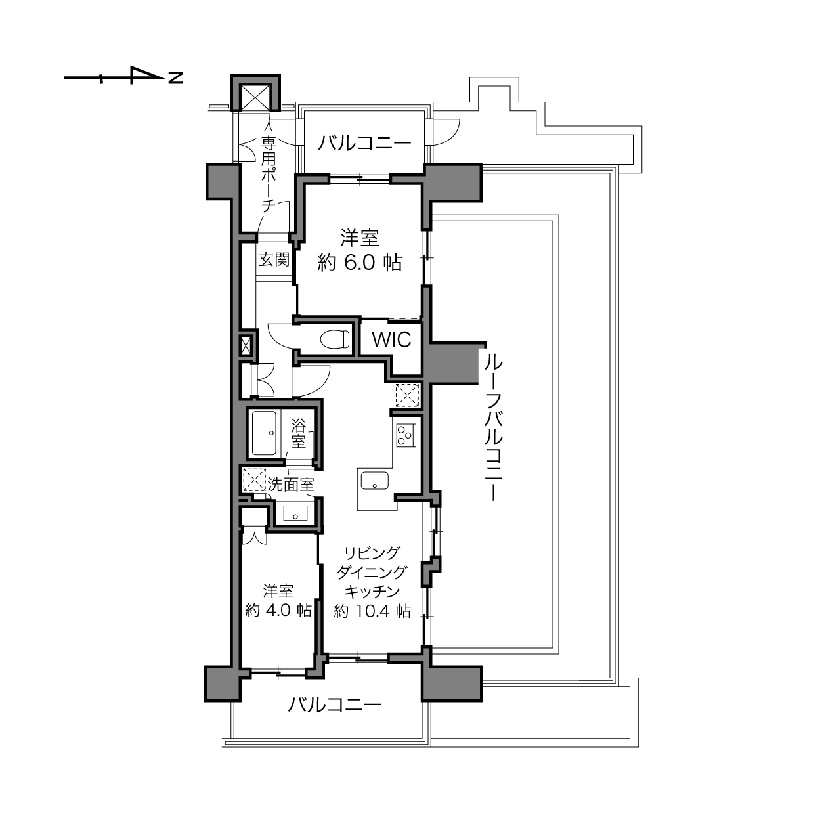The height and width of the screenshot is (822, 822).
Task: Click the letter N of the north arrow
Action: pos(175,78)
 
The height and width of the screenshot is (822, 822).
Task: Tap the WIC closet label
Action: pos(391,339)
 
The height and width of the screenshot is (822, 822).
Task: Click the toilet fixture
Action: pos(335,339)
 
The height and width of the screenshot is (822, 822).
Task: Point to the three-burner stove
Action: pos(406,435)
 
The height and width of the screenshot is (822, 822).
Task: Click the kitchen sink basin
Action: pos(374,481)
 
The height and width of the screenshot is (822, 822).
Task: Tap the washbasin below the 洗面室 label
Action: pos(295,513)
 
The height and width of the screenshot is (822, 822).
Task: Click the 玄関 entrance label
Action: pos(274,259)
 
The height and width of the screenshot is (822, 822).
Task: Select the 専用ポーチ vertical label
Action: pos(269,174)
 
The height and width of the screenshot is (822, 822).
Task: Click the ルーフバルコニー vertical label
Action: pos(493,428)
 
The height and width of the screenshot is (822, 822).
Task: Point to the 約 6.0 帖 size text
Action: pos(359,263)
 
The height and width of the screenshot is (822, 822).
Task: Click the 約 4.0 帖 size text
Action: pos(278,611)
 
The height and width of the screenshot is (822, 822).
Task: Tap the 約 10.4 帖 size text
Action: pos(372,611)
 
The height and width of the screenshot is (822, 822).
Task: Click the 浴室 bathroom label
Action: pos(299,433)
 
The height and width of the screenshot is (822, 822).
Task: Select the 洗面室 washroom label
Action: pos(290,484)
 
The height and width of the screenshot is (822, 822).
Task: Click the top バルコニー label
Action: pos(364,143)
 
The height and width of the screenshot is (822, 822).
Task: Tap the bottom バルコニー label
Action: pos(334,704)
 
